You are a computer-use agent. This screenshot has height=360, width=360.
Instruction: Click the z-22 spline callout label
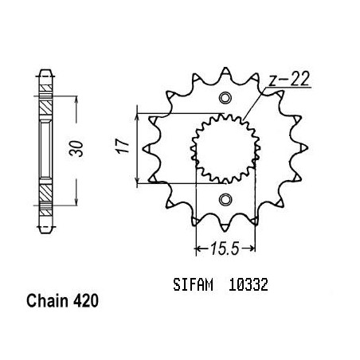(289, 79)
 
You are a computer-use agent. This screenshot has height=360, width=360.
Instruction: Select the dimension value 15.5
(225, 248)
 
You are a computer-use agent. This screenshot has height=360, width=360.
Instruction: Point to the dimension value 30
(76, 148)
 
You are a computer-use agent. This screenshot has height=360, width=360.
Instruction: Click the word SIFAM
(193, 285)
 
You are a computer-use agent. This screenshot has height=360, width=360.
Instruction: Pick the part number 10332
(248, 285)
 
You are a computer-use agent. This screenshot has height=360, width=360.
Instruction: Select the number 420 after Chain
(86, 301)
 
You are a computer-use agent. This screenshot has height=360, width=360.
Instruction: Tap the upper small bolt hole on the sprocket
(225, 98)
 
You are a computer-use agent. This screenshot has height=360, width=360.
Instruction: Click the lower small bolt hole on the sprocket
(225, 199)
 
